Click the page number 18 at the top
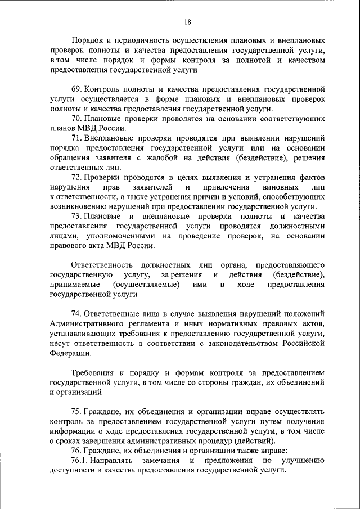click(187, 22)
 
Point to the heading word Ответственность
click(102, 264)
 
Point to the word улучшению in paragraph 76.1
click(302, 461)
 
